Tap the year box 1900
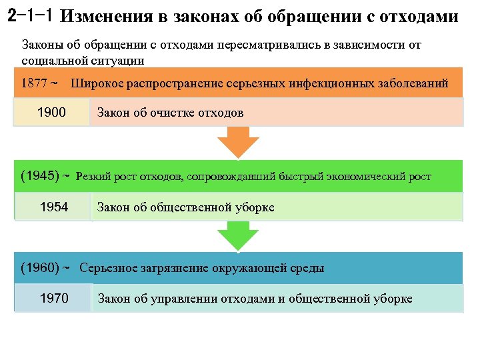point(51,112)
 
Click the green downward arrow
point(238,235)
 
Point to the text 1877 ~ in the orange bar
point(40,85)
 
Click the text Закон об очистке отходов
point(170,113)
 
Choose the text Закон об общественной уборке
point(185,207)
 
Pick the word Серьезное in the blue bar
point(108,269)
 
